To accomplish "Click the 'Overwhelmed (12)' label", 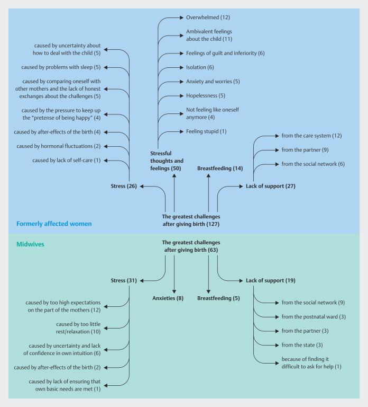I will (208, 17).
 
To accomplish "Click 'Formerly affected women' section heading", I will (54, 224).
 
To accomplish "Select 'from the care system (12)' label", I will (312, 136).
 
